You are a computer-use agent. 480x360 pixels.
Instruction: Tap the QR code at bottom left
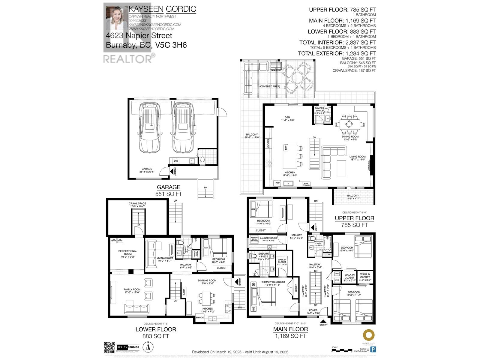109,347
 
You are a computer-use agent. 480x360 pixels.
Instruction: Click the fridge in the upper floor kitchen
267,143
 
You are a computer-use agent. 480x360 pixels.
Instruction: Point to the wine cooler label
306,184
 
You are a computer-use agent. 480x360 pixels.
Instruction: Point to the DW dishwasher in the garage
176,161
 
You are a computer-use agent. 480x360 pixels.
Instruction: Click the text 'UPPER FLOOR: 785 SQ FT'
342,10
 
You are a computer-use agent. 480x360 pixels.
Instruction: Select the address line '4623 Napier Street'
139,36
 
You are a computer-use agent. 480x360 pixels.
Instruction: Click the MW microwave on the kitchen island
286,148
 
